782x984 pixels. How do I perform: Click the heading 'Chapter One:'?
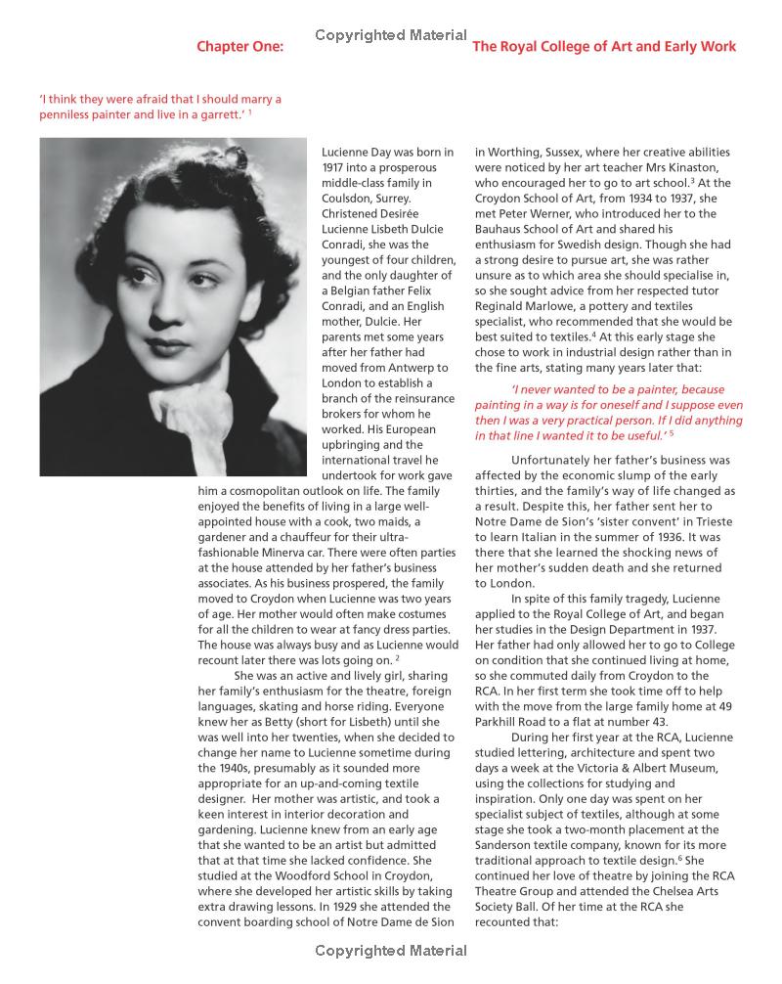239,46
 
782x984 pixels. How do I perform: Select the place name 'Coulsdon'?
348,199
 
